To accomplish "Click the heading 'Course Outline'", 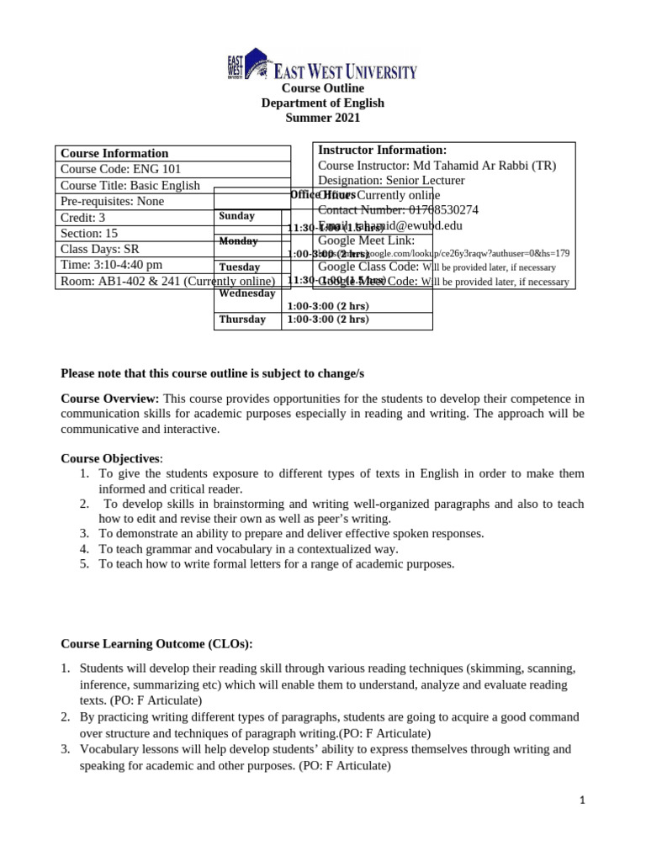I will [x=322, y=88].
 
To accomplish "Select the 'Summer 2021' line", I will [x=322, y=119].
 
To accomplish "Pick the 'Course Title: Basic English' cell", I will [x=130, y=185].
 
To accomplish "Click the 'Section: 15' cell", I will [x=89, y=233].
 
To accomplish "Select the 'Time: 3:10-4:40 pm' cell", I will [x=112, y=265].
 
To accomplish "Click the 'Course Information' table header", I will [x=114, y=153].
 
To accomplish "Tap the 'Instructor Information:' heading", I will [x=382, y=150].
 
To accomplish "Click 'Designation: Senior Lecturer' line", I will [x=391, y=180].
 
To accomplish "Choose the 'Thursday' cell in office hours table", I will [x=242, y=320].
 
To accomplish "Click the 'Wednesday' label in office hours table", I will [x=247, y=293].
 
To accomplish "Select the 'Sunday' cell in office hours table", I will [x=236, y=216].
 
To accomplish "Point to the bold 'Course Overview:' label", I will [x=109, y=399].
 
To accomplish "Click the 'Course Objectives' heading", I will [x=109, y=458].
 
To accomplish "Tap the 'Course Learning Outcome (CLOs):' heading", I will [x=156, y=644].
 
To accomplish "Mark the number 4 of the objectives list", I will [x=84, y=549].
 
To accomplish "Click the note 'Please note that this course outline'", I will [x=213, y=372].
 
